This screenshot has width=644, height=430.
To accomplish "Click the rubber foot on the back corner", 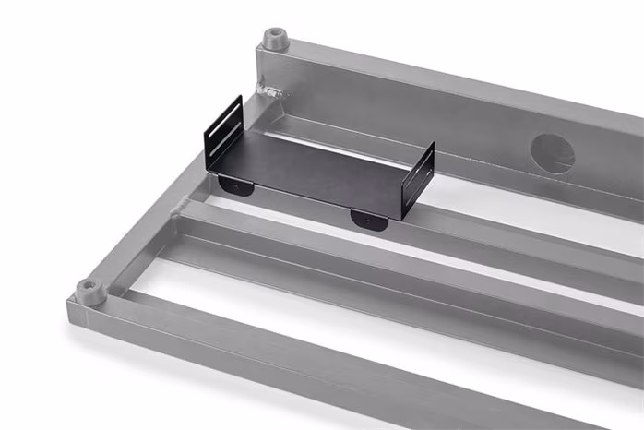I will pos(274,39).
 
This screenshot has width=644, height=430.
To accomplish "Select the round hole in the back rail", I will pos(553,154).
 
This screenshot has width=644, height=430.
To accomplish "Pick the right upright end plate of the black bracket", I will pos(418,180).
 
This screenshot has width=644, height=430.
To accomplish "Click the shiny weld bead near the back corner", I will pos(271,90).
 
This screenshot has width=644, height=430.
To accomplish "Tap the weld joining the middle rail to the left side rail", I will pos(184,205).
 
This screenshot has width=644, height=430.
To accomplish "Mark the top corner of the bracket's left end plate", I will pos(240,98).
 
